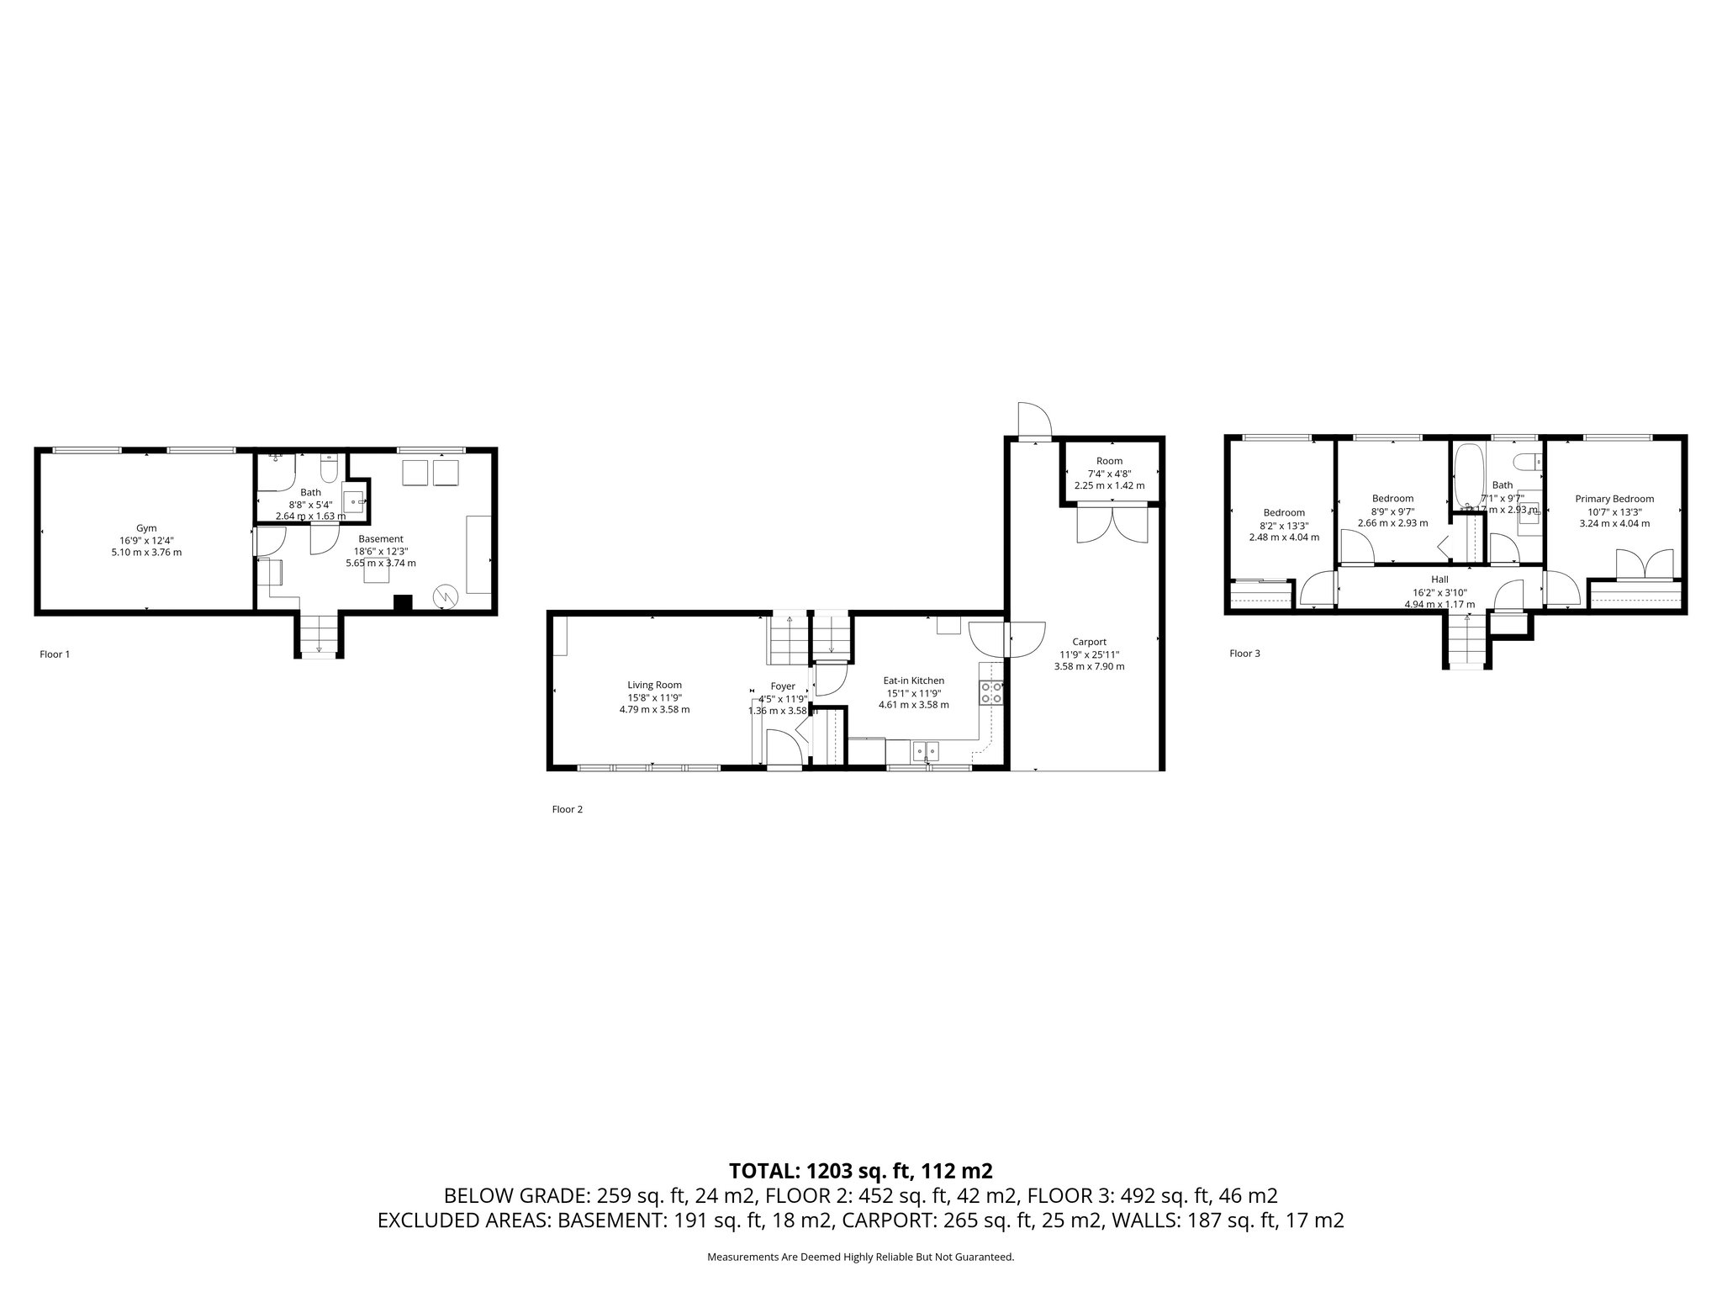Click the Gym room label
coord(146,528)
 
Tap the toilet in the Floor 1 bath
coord(329,468)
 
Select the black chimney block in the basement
coord(404,603)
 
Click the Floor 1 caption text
coord(55,654)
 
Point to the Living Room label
coord(654,685)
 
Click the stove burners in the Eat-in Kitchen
coord(991,692)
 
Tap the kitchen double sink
coord(926,749)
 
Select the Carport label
coord(1089,642)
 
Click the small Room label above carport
coord(1109,461)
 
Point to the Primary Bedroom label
coord(1614,499)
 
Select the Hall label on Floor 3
coord(1439,580)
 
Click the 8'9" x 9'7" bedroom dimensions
coord(1392,511)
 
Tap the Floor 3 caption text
coord(1244,653)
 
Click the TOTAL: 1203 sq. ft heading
coord(860,1170)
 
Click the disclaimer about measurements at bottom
coord(860,1258)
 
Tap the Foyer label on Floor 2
coord(782,686)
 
